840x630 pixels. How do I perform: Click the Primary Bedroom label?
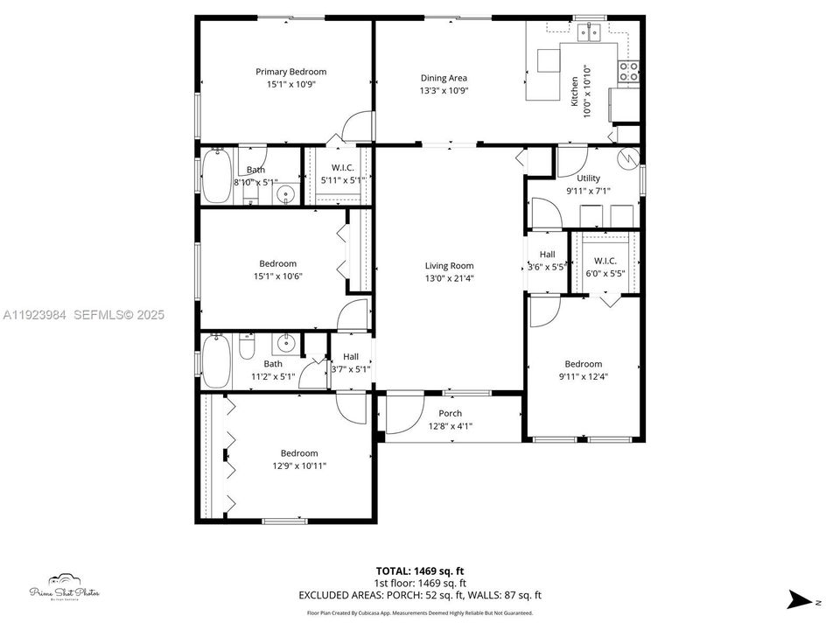pos(290,72)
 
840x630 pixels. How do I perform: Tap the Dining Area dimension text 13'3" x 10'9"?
pos(444,90)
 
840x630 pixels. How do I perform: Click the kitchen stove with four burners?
pos(628,72)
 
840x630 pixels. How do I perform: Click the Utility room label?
pos(588,178)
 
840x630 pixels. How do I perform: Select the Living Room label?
pos(449,266)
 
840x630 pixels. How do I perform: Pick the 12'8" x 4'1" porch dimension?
pos(450,426)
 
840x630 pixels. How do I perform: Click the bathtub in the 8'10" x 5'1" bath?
pos(215,177)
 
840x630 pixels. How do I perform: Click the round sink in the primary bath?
pos(284,194)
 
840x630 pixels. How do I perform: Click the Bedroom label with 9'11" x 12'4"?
pos(583,364)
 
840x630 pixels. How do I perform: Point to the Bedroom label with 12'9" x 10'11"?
pos(299,453)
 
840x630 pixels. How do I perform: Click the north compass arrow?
pos(801,599)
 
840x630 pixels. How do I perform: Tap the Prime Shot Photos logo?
pos(64,588)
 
